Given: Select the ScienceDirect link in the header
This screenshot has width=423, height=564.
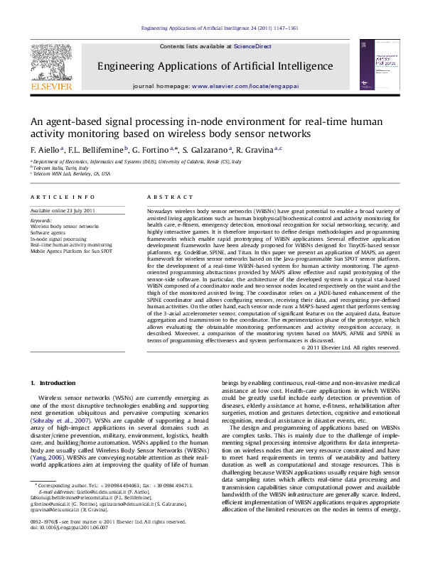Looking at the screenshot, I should pos(252,46).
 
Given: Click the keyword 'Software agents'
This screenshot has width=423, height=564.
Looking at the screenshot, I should pos(50,232).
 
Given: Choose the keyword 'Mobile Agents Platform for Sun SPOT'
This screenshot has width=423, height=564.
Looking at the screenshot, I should pos(71,251).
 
